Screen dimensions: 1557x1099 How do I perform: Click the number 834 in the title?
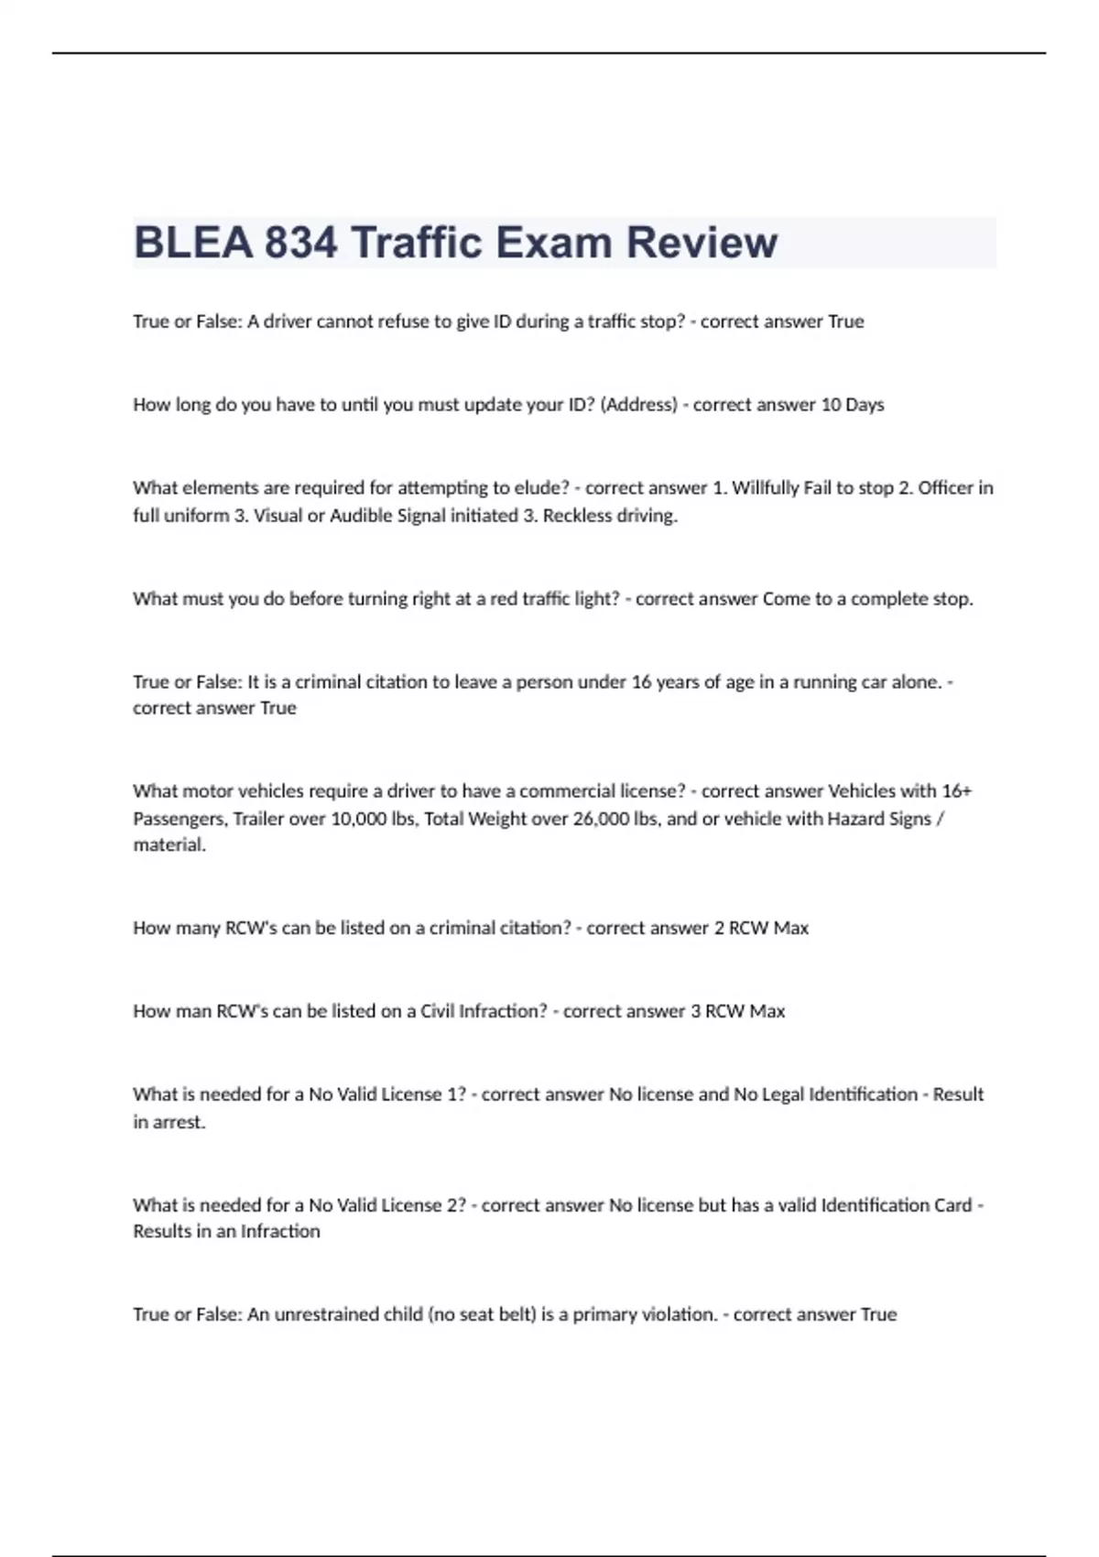pyautogui.click(x=300, y=243)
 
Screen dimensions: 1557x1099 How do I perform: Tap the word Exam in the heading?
pyautogui.click(x=554, y=243)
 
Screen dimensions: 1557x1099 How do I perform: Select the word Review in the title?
pyautogui.click(x=702, y=243)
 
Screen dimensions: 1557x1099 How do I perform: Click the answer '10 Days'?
pyautogui.click(x=852, y=405)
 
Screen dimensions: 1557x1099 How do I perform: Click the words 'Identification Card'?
pyautogui.click(x=897, y=1206)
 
